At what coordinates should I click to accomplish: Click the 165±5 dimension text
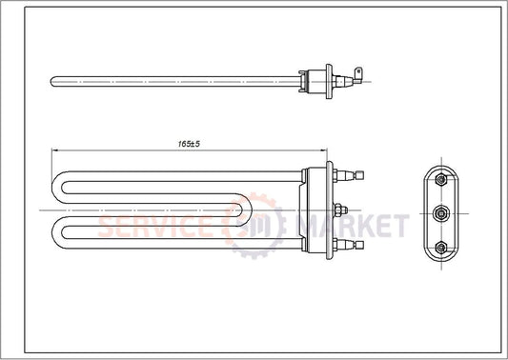click(188, 143)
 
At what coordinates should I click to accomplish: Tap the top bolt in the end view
click(441, 179)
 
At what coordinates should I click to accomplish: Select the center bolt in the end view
click(441, 211)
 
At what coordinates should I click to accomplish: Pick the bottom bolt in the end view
click(441, 246)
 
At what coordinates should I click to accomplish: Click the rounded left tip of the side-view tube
click(51, 76)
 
